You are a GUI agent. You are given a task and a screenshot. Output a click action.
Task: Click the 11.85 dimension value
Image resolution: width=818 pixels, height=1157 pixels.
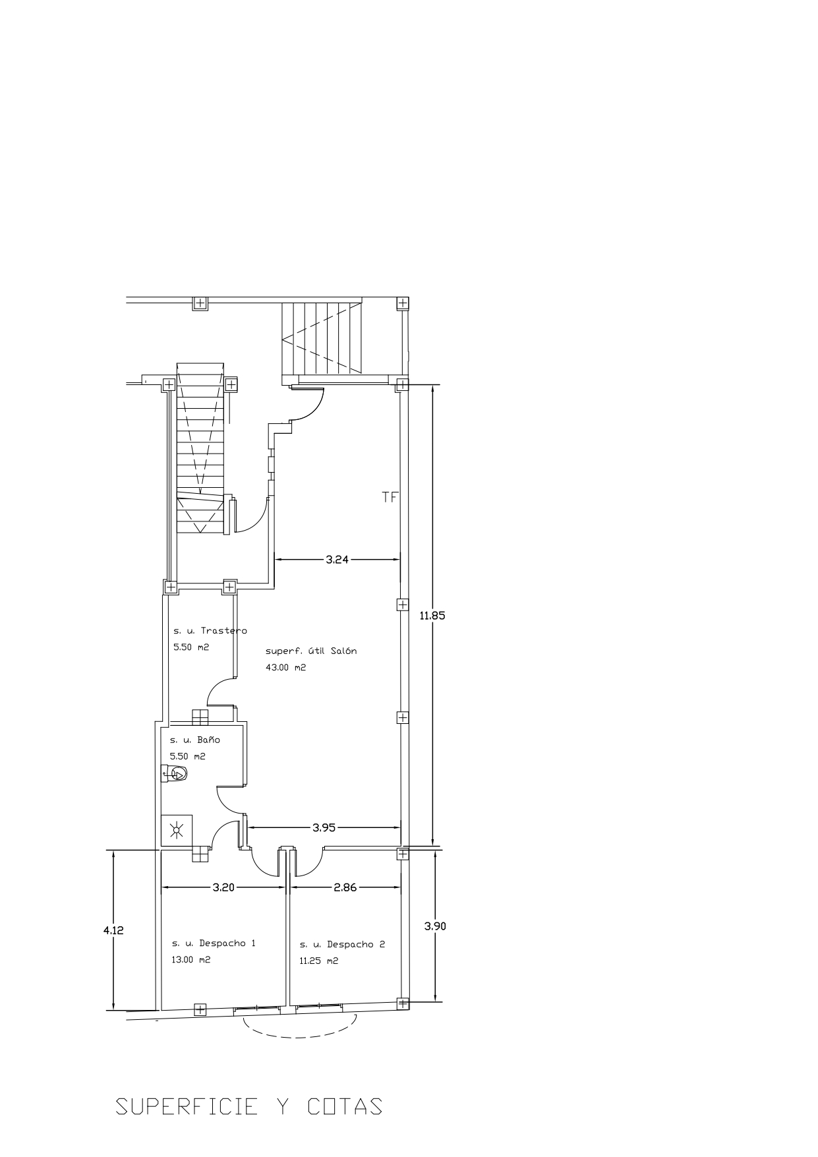[x=432, y=616]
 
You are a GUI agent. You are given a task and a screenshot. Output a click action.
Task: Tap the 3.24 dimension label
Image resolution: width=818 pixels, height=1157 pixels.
[x=337, y=560]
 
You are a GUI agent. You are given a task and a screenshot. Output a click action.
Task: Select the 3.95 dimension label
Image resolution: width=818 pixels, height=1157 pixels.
[x=324, y=827]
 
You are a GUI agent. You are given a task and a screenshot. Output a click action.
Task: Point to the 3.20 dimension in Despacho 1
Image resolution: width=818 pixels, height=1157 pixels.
[x=224, y=887]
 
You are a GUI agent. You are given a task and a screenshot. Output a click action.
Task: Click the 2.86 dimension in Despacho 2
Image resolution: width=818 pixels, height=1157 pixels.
[x=345, y=887]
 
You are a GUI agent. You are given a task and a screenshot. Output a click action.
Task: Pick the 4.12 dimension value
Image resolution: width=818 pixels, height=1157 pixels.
[x=113, y=931]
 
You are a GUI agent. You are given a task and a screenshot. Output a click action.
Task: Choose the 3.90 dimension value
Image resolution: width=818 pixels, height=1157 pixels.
[x=435, y=926]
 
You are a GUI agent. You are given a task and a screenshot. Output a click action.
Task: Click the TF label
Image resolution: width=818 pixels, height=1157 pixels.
[x=390, y=497]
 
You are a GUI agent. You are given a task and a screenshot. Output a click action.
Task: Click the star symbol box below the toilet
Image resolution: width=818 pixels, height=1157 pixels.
[x=177, y=829]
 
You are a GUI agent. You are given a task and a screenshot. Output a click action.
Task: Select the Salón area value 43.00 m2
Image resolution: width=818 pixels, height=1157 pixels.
[x=286, y=667]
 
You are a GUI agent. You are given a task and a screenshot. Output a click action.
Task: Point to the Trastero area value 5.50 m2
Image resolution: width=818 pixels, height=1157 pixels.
[x=191, y=647]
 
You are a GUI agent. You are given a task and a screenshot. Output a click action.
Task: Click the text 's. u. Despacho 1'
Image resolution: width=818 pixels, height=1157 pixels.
[x=214, y=943]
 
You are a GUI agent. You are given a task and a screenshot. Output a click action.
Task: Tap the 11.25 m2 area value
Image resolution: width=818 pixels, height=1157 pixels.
[x=319, y=961]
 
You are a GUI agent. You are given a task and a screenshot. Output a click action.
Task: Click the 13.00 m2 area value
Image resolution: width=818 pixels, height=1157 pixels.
[x=191, y=960]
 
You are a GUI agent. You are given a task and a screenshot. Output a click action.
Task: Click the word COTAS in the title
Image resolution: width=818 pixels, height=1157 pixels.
[x=345, y=1106]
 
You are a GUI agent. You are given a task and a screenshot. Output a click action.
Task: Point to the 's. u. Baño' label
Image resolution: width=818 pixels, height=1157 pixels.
[x=195, y=740]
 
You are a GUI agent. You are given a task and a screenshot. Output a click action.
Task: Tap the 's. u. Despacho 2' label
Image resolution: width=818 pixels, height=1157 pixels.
[x=342, y=945]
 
